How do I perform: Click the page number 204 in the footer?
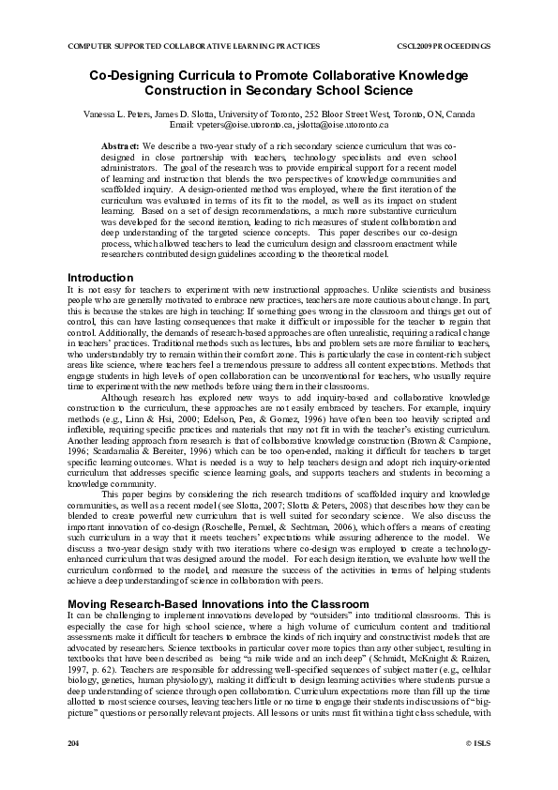(74, 768)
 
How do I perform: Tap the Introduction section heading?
(100, 278)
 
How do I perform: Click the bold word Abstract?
(119, 147)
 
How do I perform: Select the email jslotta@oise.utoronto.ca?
(341, 124)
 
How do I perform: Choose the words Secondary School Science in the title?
(346, 90)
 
